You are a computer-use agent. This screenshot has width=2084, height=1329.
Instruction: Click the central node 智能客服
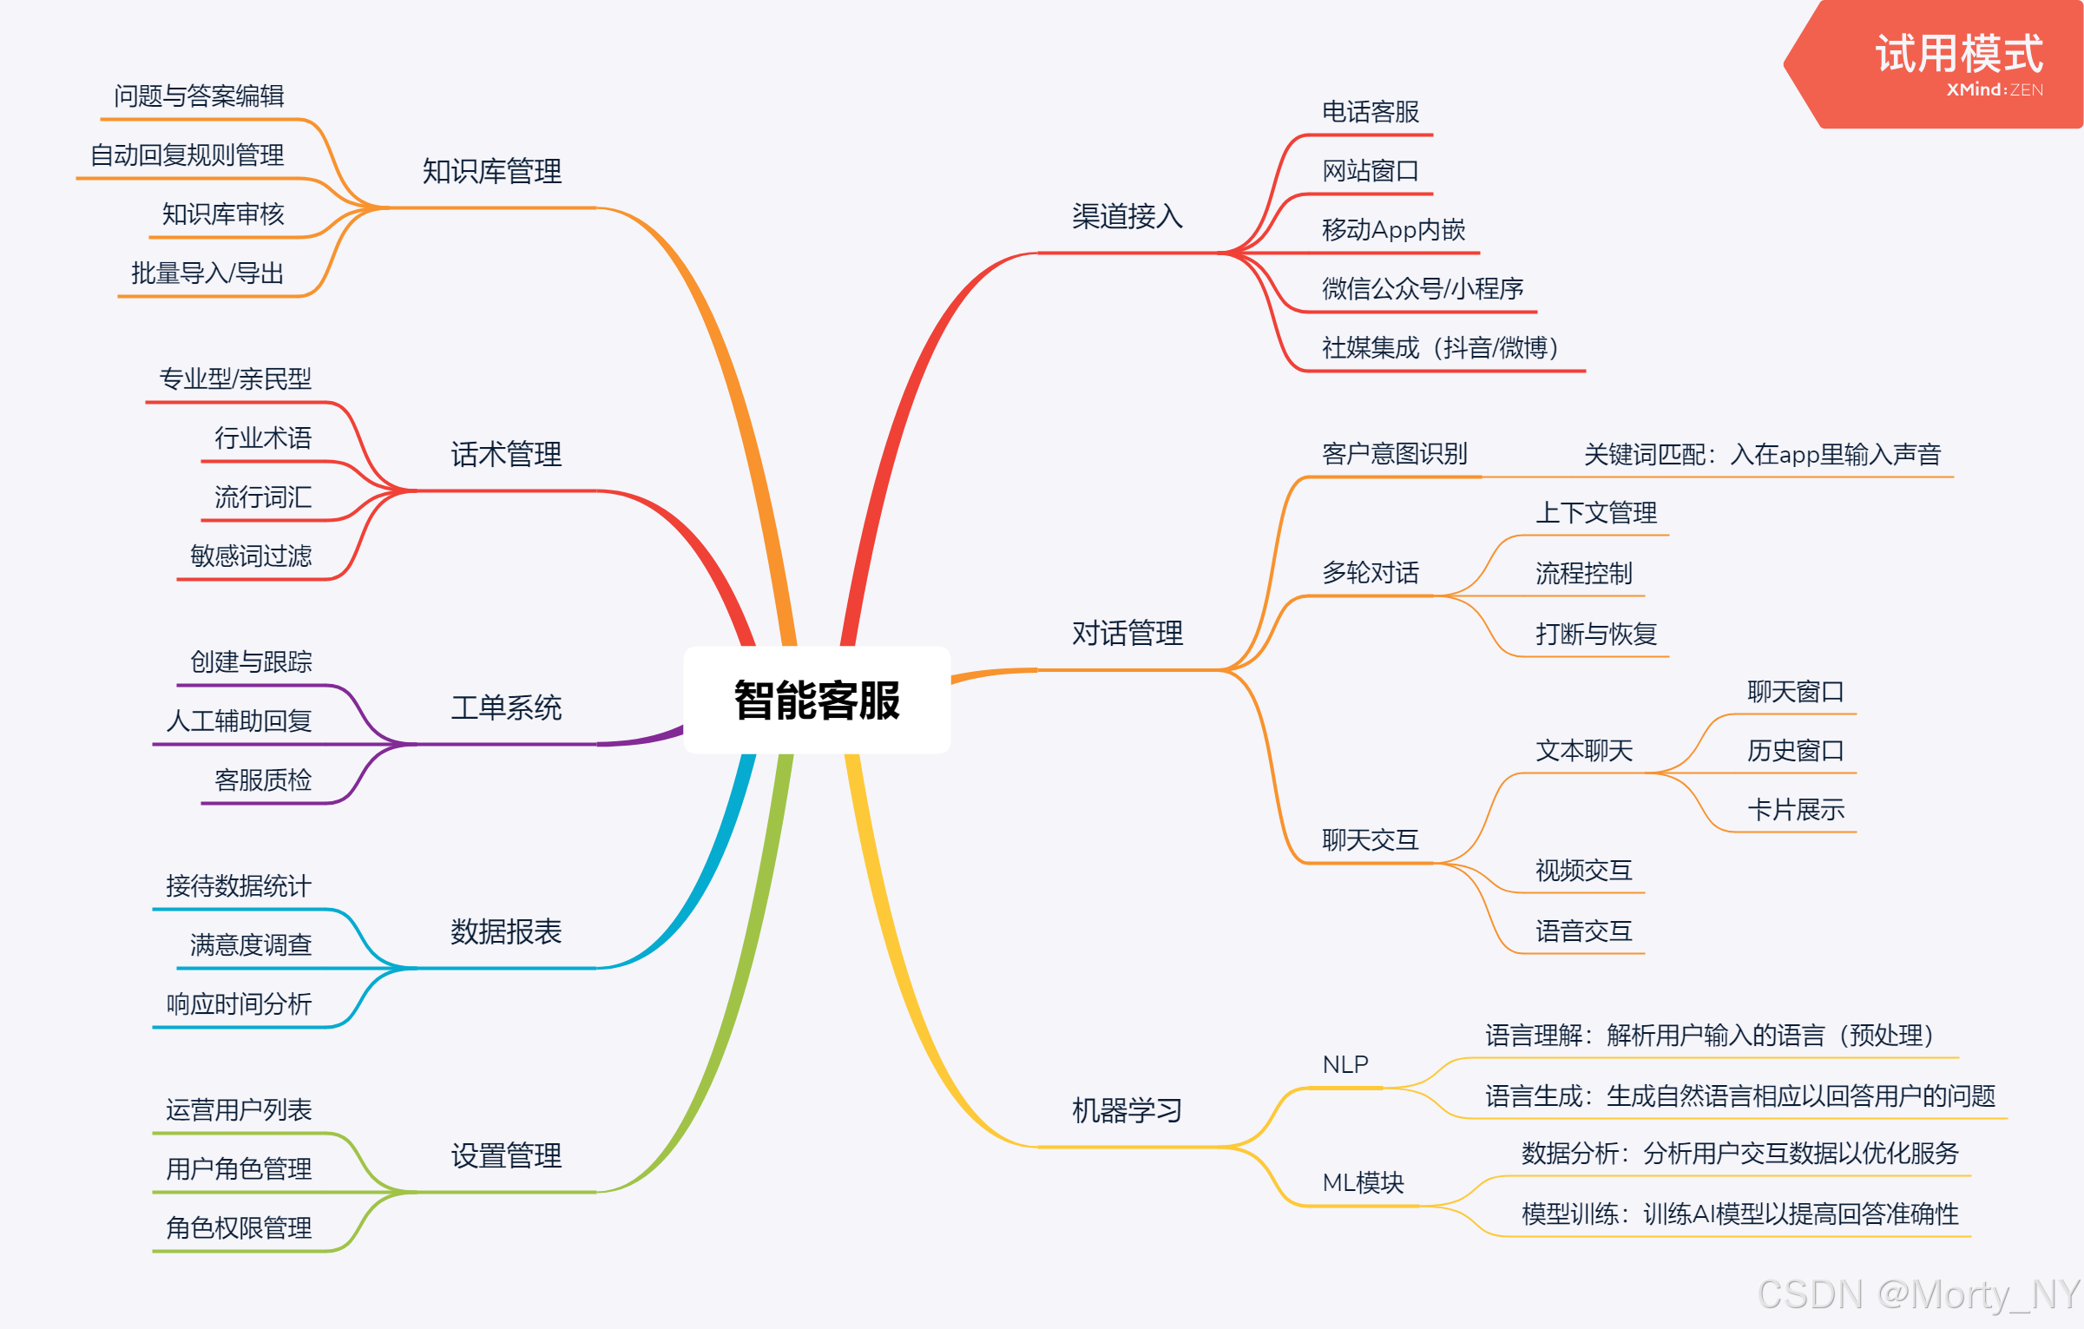(817, 700)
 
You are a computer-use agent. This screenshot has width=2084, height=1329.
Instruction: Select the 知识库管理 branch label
(491, 171)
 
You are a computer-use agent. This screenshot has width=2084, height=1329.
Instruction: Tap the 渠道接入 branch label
(1127, 216)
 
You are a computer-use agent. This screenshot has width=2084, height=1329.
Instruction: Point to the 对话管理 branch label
(1127, 633)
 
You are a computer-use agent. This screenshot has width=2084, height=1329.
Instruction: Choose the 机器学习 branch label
(1127, 1110)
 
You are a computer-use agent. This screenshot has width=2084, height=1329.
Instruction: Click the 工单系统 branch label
(506, 707)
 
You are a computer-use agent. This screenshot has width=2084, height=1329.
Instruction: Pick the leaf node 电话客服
(1370, 112)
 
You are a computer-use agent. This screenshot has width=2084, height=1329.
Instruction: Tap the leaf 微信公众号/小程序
(1422, 288)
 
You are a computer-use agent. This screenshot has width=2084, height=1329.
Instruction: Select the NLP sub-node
(1344, 1064)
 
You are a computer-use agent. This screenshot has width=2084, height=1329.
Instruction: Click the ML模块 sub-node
(1363, 1182)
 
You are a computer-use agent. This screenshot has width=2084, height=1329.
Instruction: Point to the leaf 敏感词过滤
(251, 556)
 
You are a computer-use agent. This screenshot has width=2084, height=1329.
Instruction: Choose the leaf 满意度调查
(251, 944)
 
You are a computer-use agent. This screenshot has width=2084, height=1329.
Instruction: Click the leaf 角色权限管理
(239, 1227)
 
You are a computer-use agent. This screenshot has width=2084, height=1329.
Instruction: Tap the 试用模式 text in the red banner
(1959, 54)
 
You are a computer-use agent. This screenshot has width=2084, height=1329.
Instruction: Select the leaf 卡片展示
(1795, 810)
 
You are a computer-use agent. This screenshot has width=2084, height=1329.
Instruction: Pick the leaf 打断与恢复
(1595, 634)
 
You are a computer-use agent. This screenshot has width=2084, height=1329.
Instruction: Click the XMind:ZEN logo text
(1994, 90)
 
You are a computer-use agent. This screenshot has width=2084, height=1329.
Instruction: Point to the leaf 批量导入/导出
(207, 273)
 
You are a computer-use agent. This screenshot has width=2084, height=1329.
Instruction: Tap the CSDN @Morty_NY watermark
(1918, 1294)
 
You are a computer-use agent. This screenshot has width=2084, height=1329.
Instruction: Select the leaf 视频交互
(1583, 870)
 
